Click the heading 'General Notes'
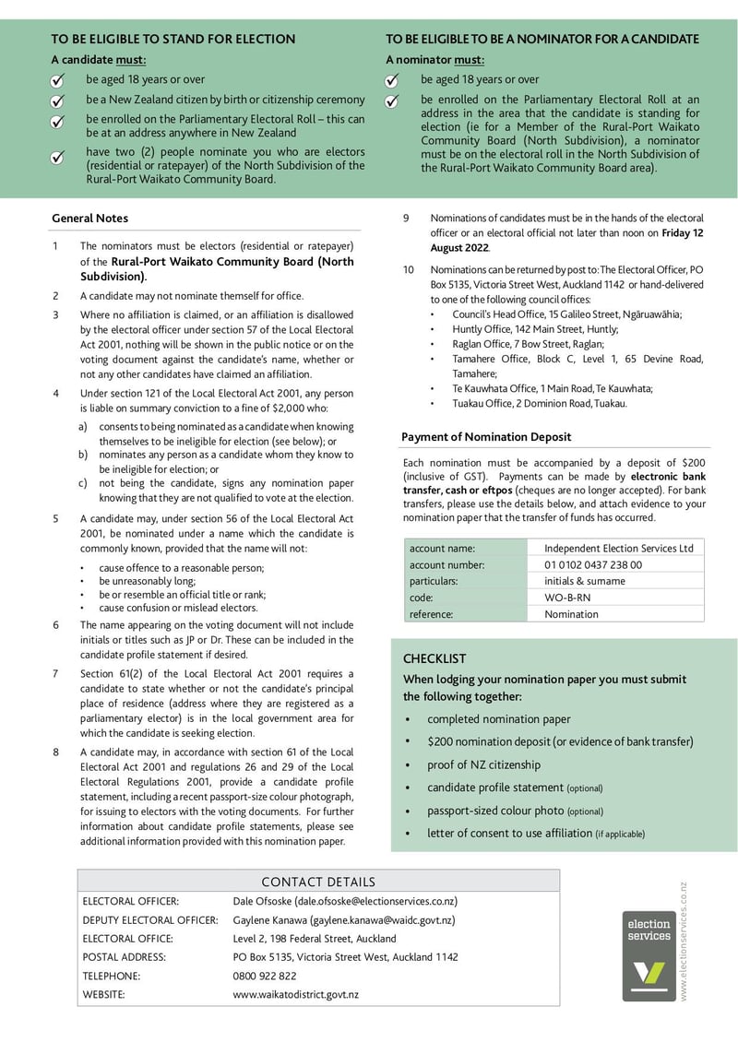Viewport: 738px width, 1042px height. click(89, 219)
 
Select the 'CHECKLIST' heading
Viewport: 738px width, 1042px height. click(434, 658)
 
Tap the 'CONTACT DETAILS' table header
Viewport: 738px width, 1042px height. click(318, 882)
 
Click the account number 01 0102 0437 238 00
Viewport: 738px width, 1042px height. click(592, 564)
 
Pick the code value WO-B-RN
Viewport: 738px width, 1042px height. click(567, 598)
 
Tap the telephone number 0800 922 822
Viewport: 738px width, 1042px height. click(265, 976)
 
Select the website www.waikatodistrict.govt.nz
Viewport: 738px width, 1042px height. click(295, 994)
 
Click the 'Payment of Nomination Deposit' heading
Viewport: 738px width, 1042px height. click(485, 437)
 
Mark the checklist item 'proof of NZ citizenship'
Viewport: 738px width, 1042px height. click(483, 764)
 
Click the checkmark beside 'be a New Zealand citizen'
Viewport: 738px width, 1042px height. click(57, 101)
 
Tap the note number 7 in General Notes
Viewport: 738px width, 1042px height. click(55, 673)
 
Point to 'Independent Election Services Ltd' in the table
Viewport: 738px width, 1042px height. click(618, 548)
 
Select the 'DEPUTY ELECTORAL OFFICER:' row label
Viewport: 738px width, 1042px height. click(150, 920)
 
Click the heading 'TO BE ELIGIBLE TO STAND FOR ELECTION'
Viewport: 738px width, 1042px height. click(173, 39)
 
